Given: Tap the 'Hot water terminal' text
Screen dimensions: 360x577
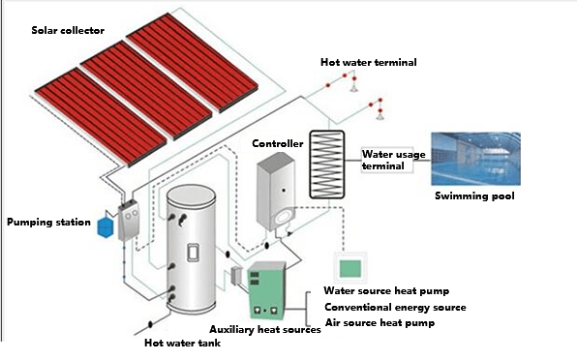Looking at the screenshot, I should tap(369, 63).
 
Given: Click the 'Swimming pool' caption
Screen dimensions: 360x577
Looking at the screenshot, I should tap(473, 196).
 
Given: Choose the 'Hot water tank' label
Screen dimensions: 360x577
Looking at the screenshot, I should tap(182, 343).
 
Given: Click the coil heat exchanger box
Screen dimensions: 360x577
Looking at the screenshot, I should tap(332, 164).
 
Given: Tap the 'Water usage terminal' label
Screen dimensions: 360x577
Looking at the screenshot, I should tap(388, 160).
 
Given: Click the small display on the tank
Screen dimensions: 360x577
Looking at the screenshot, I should tap(192, 252).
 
